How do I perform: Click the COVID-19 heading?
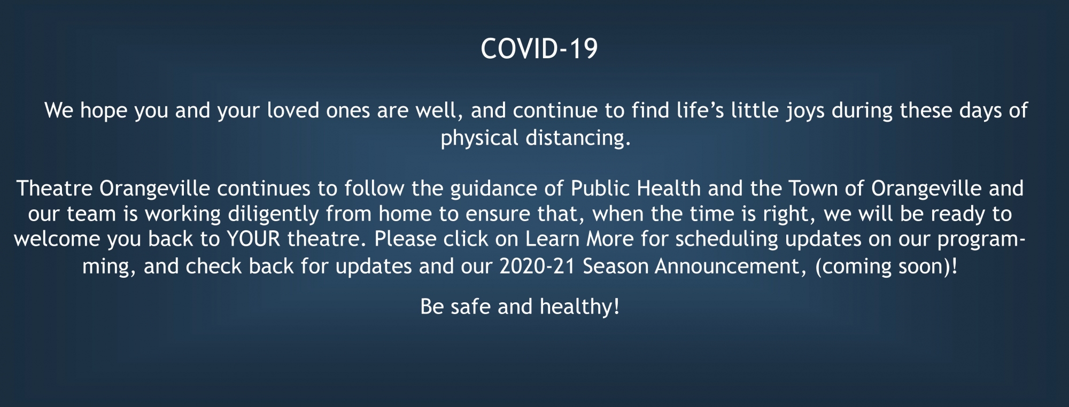(539, 49)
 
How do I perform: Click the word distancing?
(578, 138)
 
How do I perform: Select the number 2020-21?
(537, 267)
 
